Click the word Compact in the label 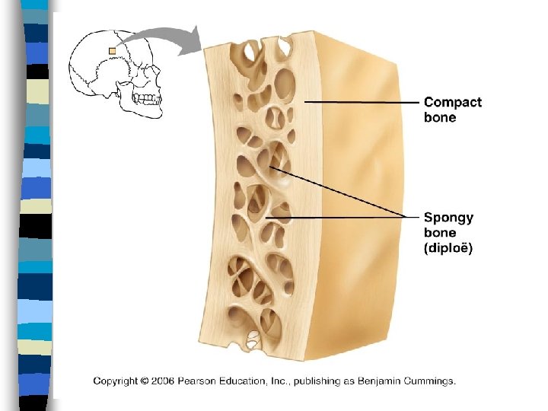pyautogui.click(x=452, y=102)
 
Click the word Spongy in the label pyautogui.click(x=448, y=218)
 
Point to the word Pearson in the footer pyautogui.click(x=212, y=381)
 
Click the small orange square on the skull pyautogui.click(x=113, y=51)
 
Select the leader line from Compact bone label pyautogui.click(x=362, y=102)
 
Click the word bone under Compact pyautogui.click(x=440, y=118)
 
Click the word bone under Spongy pyautogui.click(x=440, y=233)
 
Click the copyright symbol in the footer pyautogui.click(x=145, y=381)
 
